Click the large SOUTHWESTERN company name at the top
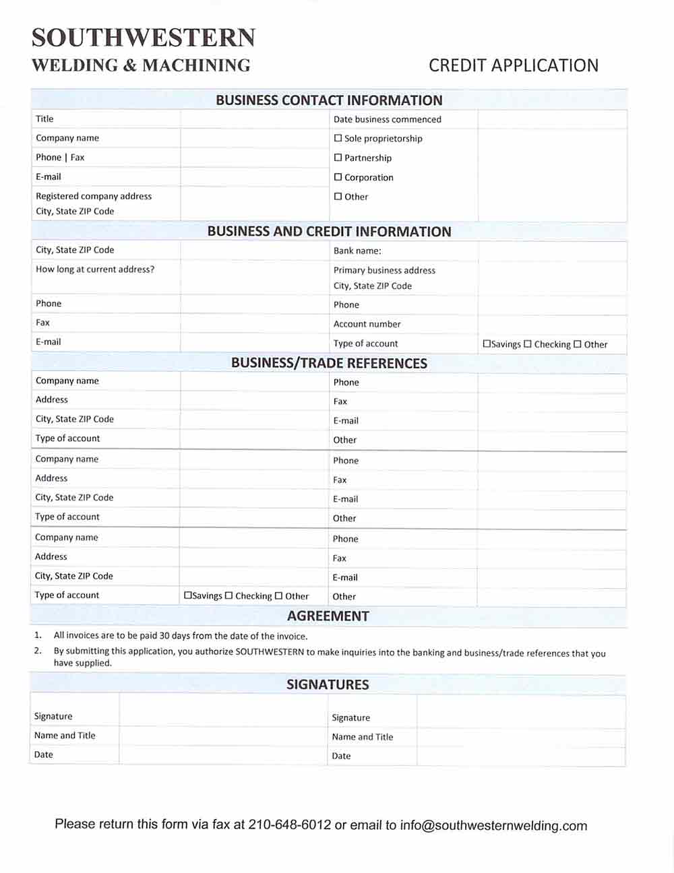pyautogui.click(x=144, y=38)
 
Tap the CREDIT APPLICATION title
pyautogui.click(x=514, y=65)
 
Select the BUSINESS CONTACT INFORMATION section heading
pyautogui.click(x=329, y=100)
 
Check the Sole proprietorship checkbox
pyautogui.click(x=338, y=138)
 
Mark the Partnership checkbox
pyautogui.click(x=338, y=158)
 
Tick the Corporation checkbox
pyautogui.click(x=338, y=177)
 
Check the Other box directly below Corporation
pyautogui.click(x=338, y=197)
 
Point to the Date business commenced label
pyautogui.click(x=387, y=119)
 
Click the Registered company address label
pyautogui.click(x=94, y=196)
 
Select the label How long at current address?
pyautogui.click(x=95, y=269)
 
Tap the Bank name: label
pyautogui.click(x=357, y=251)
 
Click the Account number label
pyautogui.click(x=367, y=324)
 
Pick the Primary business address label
pyautogui.click(x=384, y=270)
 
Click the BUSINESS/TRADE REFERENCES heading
pyautogui.click(x=329, y=363)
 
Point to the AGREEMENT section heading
pyautogui.click(x=328, y=616)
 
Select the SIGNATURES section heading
pyautogui.click(x=328, y=684)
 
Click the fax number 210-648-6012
pyautogui.click(x=290, y=825)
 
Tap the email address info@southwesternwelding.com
pyautogui.click(x=493, y=826)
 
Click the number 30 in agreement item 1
pyautogui.click(x=165, y=636)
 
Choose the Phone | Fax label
pyautogui.click(x=60, y=157)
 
